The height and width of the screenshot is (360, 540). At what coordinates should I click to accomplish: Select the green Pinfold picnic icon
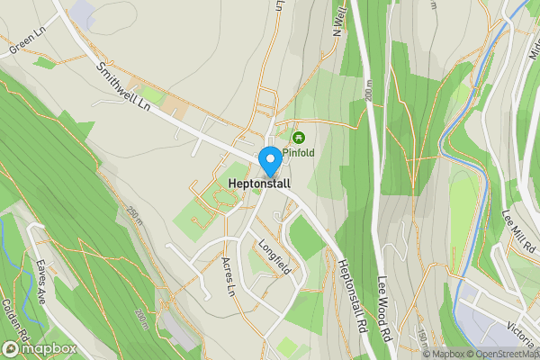[297, 138]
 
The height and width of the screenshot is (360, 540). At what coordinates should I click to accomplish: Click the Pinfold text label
[298, 153]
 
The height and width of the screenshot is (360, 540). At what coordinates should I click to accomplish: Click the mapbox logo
[39, 347]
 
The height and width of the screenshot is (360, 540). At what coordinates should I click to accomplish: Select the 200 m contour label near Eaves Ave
[142, 317]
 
